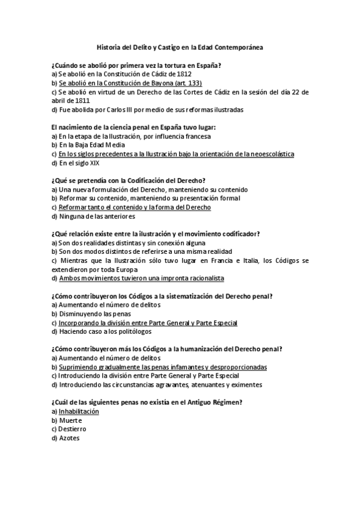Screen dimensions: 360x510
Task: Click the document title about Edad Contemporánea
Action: pyautogui.click(x=180, y=46)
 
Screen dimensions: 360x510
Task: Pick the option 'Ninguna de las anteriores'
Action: pyautogui.click(x=93, y=216)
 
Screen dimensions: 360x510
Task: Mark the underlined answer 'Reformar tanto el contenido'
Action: pyautogui.click(x=135, y=207)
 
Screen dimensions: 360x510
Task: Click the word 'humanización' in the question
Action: pyautogui.click(x=204, y=349)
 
